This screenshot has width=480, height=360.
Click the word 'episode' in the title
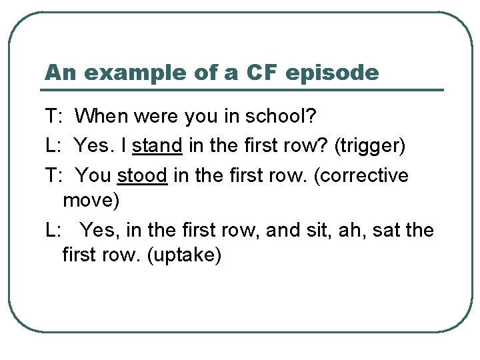point(332,73)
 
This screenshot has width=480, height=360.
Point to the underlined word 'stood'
point(142,175)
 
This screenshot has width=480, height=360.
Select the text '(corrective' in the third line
point(369,175)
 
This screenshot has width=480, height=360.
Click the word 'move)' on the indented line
point(90,199)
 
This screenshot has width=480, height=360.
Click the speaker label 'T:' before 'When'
point(54,117)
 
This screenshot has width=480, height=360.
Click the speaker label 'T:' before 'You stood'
point(54,175)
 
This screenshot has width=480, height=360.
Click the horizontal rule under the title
point(243,90)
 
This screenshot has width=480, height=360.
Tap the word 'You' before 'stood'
point(93,175)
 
